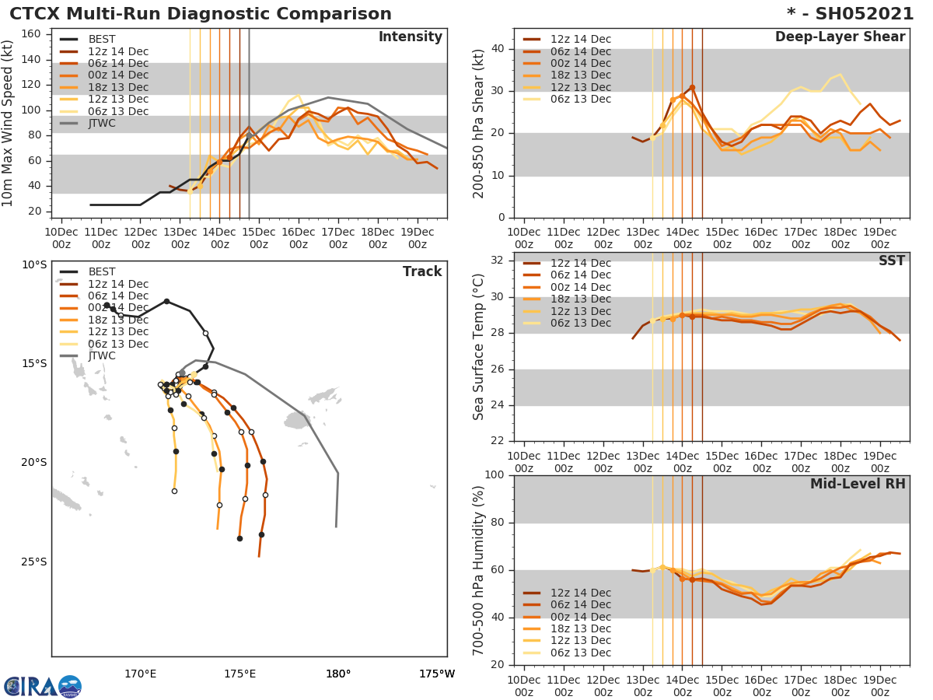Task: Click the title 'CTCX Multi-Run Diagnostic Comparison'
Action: pos(201,14)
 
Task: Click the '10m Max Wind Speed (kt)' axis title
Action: pos(9,123)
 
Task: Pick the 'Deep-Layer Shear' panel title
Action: pos(840,37)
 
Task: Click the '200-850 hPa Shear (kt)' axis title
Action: pos(479,123)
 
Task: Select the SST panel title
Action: pos(891,261)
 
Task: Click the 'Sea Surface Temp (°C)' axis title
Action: pos(479,347)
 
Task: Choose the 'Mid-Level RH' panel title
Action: pos(857,484)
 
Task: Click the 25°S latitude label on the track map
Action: pos(34,562)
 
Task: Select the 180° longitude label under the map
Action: pos(338,674)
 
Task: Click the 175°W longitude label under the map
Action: pos(437,674)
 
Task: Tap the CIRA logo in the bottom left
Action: pos(42,687)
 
